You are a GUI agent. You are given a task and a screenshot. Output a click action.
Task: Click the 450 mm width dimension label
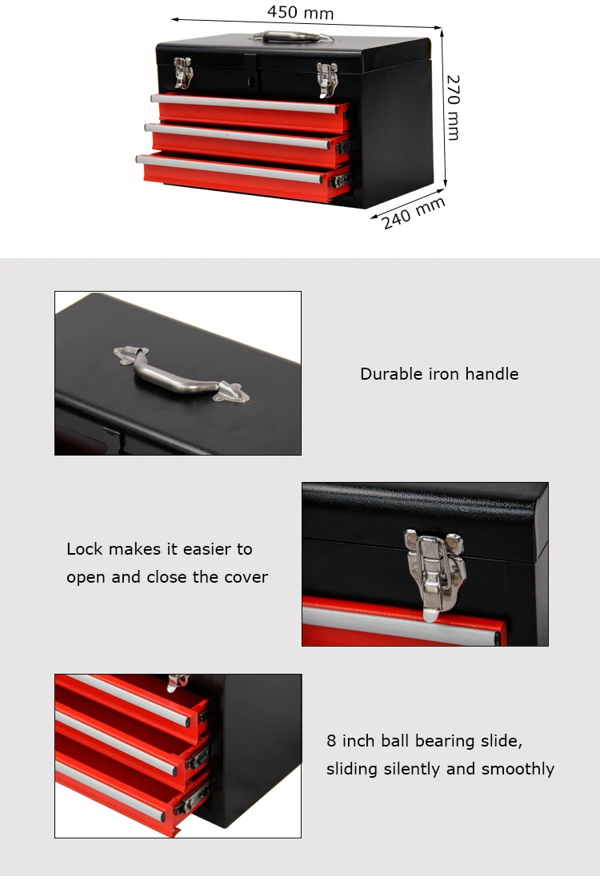click(300, 12)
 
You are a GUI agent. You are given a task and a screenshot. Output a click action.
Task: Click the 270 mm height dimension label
click(453, 107)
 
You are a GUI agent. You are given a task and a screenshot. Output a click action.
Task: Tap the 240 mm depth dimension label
click(413, 213)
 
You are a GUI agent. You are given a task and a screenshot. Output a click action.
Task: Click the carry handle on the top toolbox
click(293, 37)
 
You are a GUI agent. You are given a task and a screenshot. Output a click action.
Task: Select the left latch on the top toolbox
click(184, 72)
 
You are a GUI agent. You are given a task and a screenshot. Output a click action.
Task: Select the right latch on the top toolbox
click(326, 78)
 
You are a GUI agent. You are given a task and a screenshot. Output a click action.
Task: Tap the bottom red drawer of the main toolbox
click(240, 173)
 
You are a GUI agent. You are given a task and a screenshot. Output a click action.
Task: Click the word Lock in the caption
click(83, 549)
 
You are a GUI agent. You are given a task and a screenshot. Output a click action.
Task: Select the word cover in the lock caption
click(246, 577)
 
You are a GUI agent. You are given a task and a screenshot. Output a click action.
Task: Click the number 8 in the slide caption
click(331, 741)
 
